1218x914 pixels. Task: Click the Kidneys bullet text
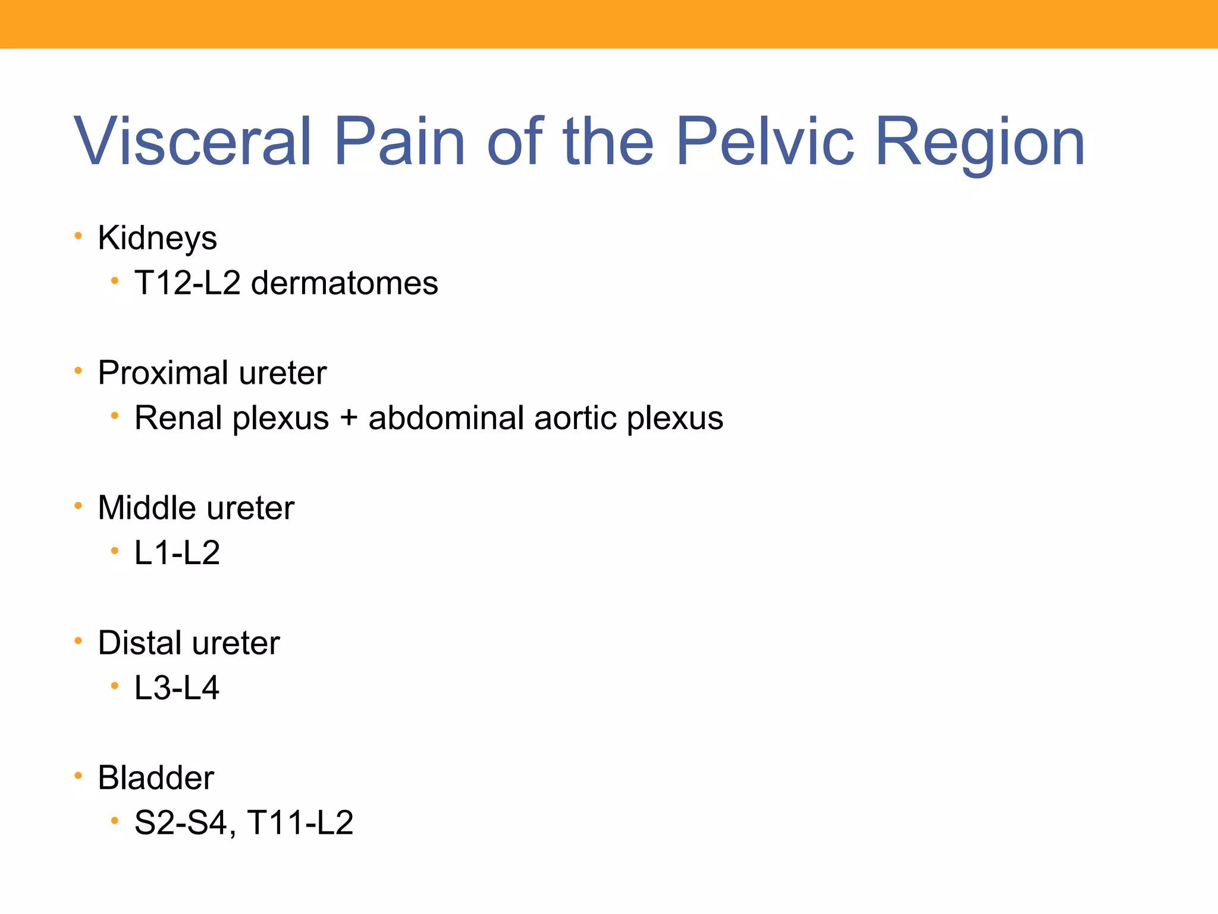[157, 239]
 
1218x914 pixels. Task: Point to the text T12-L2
[187, 283]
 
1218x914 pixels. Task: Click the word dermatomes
[344, 283]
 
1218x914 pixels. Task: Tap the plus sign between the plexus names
[349, 418]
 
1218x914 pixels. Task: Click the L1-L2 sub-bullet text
[177, 553]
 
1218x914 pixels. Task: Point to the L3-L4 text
[177, 688]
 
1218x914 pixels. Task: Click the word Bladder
[156, 778]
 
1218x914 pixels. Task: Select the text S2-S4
[181, 823]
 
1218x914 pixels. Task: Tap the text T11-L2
[300, 823]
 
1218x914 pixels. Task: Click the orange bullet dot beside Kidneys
[78, 236]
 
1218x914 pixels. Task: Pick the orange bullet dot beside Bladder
[78, 776]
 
